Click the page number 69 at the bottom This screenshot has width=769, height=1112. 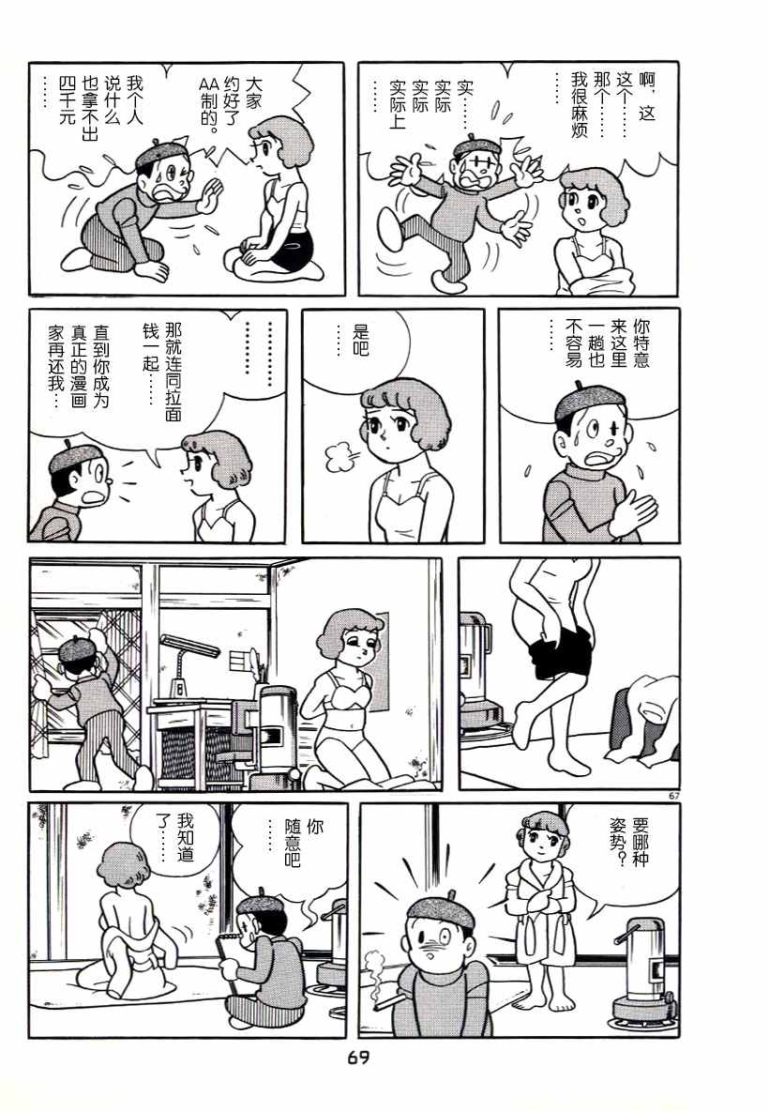coord(358,1059)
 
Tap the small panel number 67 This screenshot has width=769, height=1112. coord(673,796)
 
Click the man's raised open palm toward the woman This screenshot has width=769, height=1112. coord(210,194)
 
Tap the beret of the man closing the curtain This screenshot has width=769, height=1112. coord(73,648)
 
